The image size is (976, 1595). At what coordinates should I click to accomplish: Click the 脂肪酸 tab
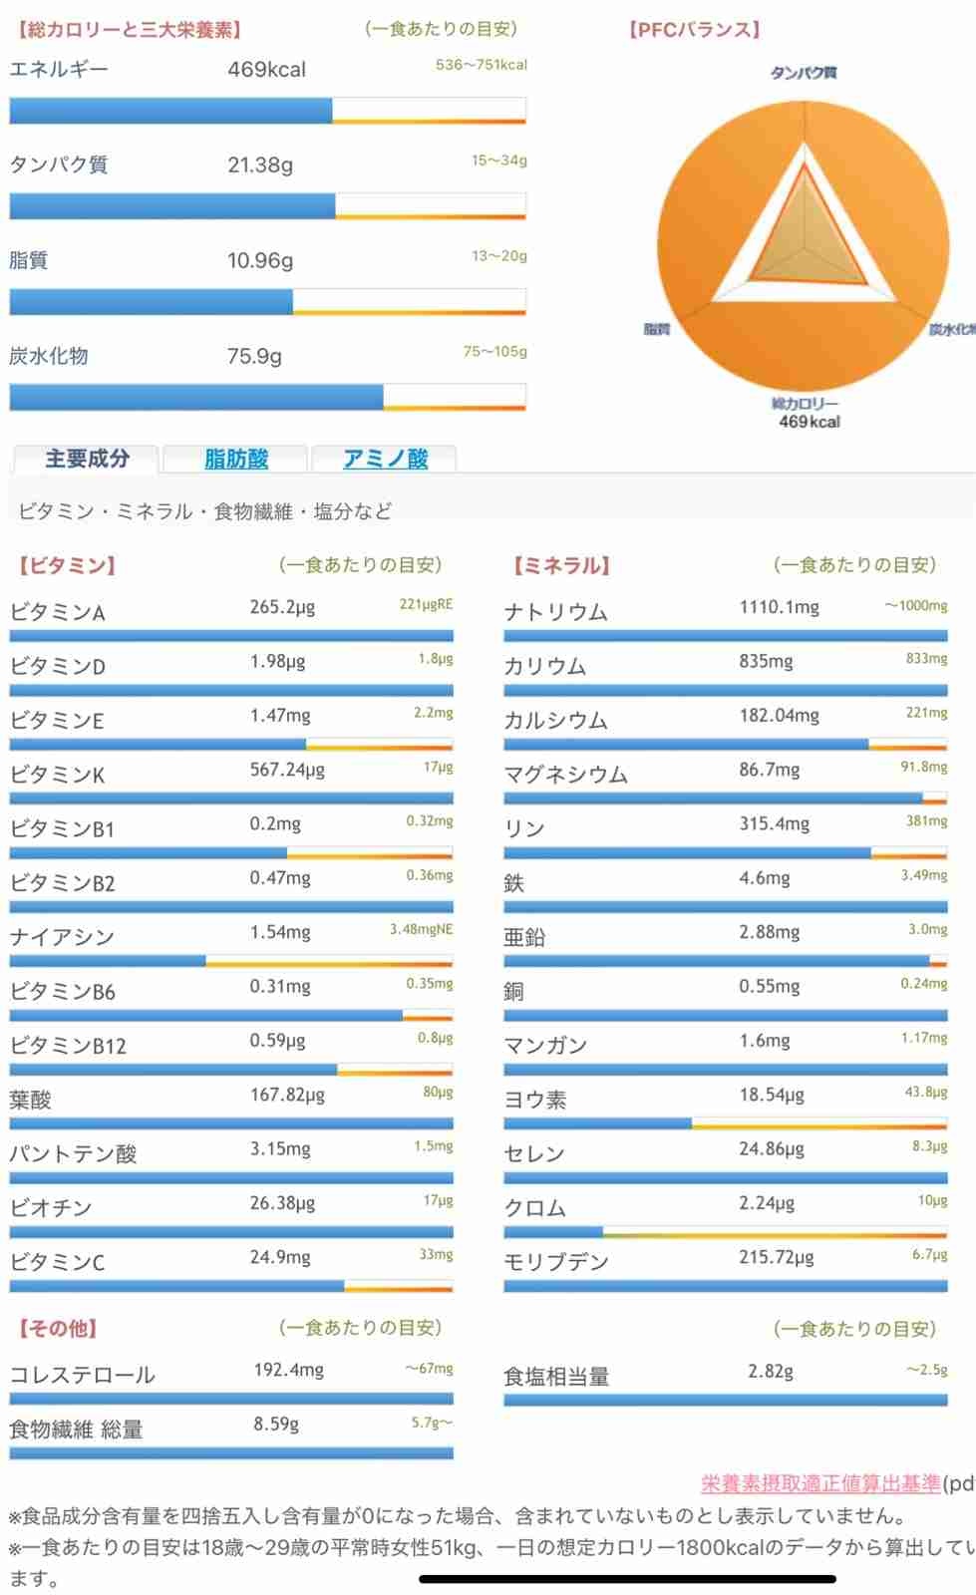coord(236,459)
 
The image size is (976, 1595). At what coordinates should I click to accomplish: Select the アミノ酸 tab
coord(385,459)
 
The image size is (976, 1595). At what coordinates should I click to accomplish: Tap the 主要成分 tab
coord(87,459)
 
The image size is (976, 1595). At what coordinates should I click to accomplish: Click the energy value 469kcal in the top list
coord(266,70)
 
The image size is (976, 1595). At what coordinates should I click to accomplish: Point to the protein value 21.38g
coord(259,165)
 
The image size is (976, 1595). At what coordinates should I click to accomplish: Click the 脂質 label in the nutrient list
coord(29,260)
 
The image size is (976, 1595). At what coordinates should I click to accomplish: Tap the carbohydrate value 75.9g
coord(254,357)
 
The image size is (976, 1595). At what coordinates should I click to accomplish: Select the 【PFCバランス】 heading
coord(694,30)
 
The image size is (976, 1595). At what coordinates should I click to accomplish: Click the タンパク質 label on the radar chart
coord(804,73)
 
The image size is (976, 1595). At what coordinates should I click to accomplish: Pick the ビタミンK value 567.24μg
coord(287,770)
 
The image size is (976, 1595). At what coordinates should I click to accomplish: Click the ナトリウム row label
coord(555,612)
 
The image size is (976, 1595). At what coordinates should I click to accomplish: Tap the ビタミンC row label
coord(57,1262)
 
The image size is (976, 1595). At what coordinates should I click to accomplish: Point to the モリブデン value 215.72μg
coord(776,1257)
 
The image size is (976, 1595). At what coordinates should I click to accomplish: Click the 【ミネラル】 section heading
coord(561,566)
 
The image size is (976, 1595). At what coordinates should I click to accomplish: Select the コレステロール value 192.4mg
coord(288,1370)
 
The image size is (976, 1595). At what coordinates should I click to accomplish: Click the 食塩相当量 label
coord(556,1377)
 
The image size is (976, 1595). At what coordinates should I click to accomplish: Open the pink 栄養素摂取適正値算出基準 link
coord(820,1483)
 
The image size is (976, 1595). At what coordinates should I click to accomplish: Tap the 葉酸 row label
coord(30,1100)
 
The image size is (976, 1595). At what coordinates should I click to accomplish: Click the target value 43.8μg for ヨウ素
coord(925,1093)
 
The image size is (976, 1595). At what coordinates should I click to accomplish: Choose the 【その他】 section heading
coord(58,1329)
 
